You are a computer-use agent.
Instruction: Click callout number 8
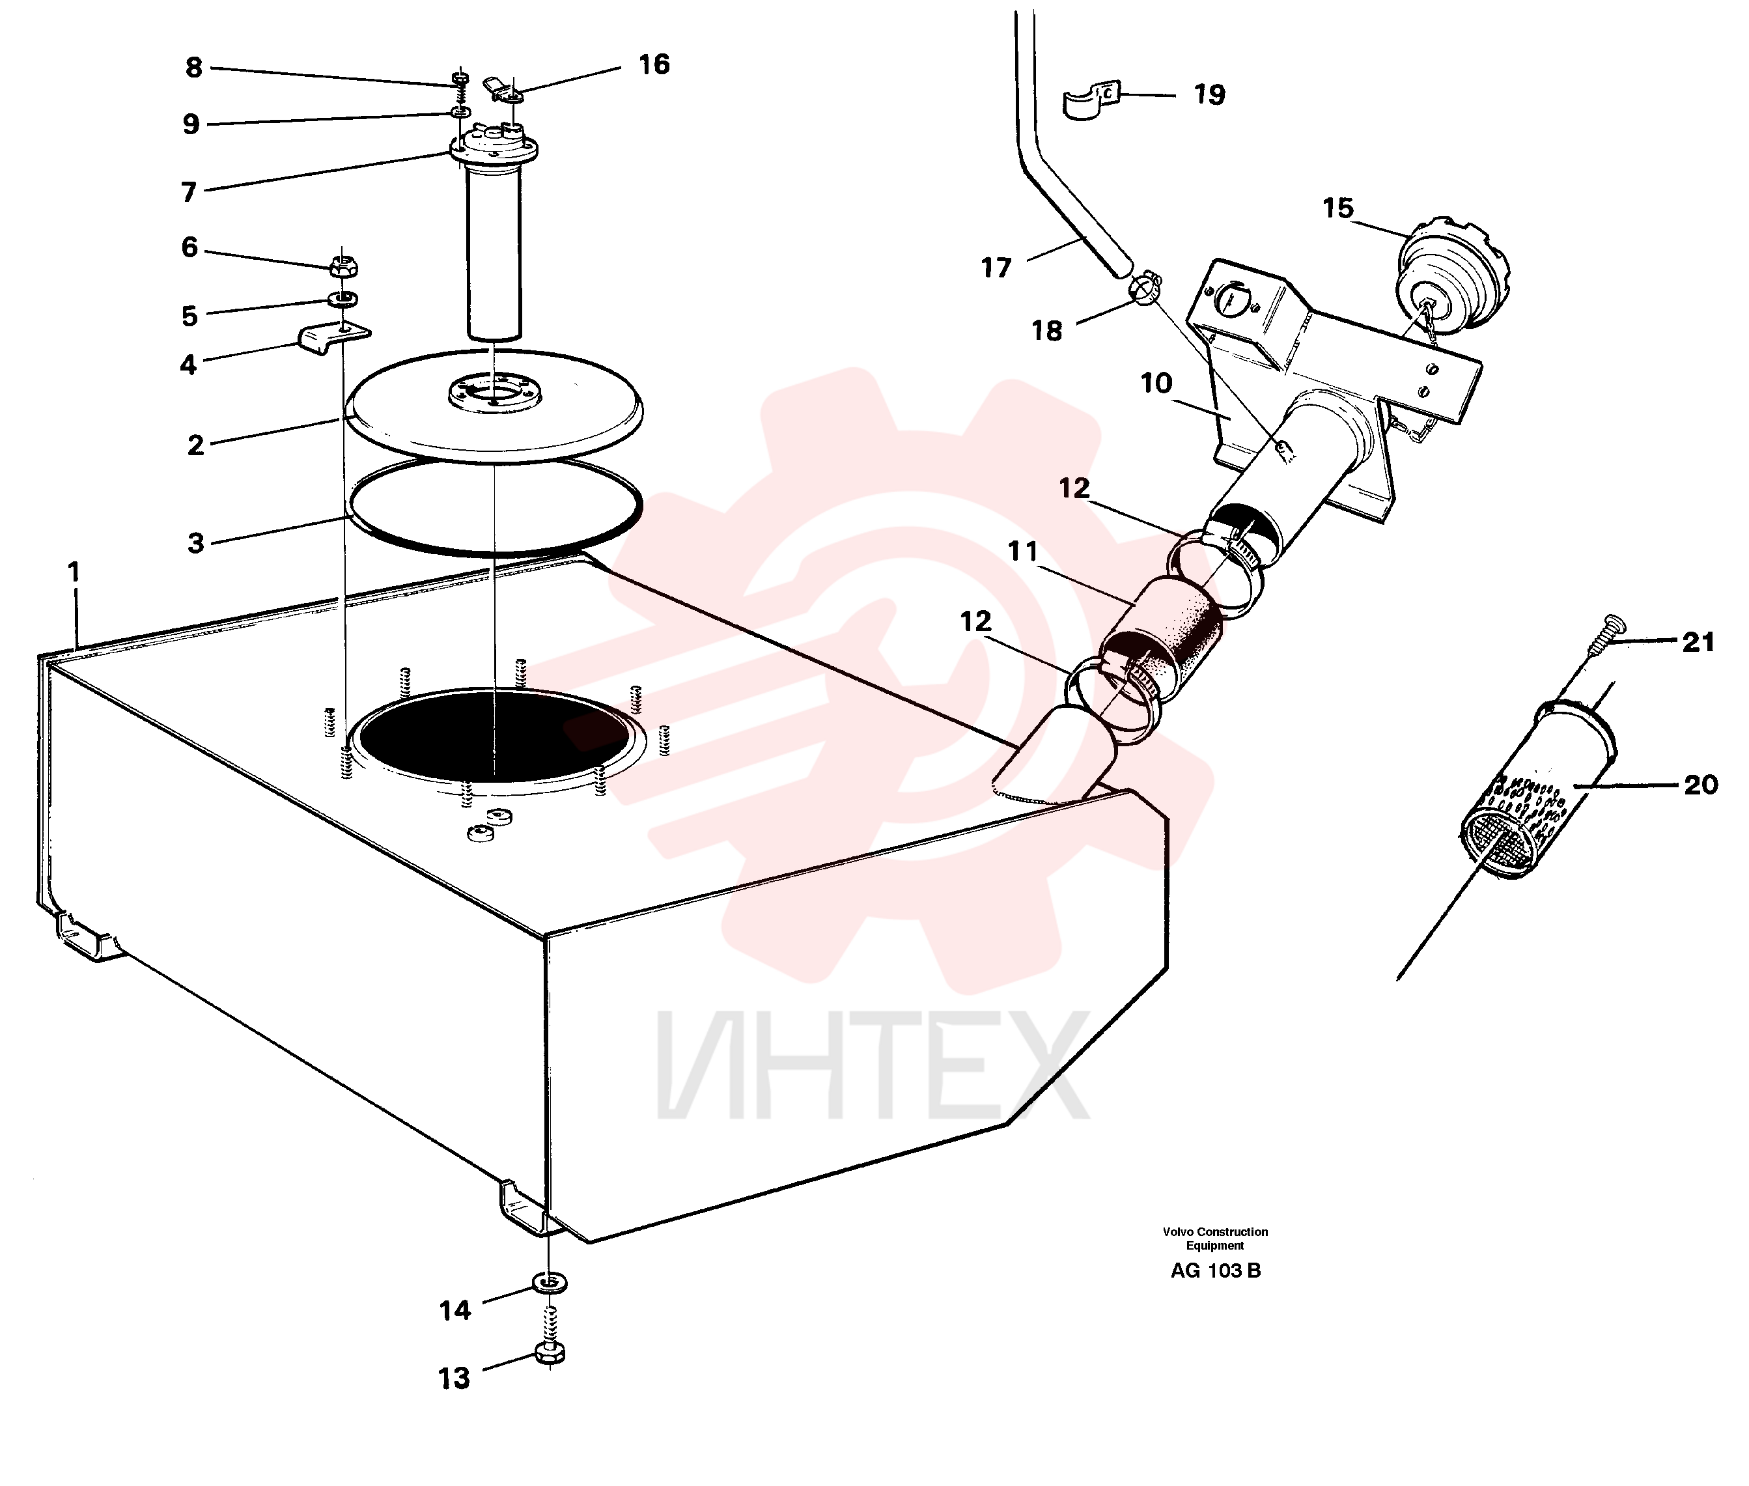tap(194, 66)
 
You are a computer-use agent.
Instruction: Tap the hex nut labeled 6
tap(344, 266)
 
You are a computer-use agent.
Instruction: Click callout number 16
tap(654, 64)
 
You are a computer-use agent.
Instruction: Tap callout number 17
tap(996, 268)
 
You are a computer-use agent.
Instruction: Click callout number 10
tap(1156, 384)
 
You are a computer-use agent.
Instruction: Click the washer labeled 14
tap(550, 1283)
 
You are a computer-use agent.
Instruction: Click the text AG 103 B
tap(1215, 1271)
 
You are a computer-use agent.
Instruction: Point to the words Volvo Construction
tap(1215, 1231)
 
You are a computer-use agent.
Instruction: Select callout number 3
tap(195, 542)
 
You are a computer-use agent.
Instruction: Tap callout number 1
tap(74, 572)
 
